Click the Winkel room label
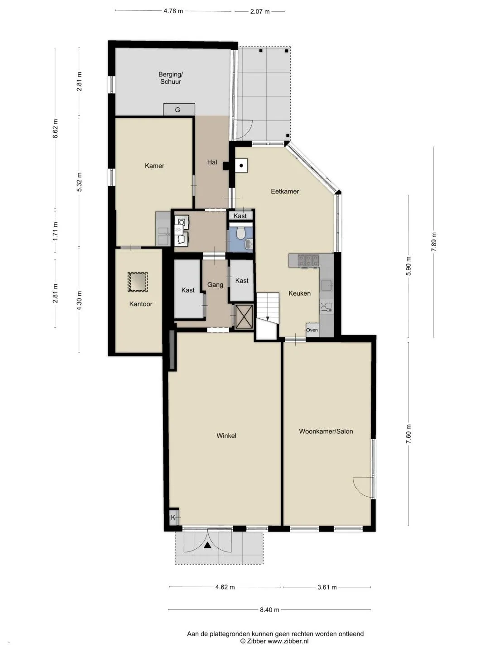226,436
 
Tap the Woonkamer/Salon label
326,431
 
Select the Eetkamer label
285,191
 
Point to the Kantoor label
141,304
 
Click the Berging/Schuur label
170,78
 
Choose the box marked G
179,110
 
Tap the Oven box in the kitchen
312,330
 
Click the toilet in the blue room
240,234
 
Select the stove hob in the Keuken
308,261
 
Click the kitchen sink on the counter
327,285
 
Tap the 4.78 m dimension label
173,11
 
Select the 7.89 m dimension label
434,242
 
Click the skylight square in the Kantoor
138,282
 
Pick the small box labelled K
174,518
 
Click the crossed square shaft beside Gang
244,316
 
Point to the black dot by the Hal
241,166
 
